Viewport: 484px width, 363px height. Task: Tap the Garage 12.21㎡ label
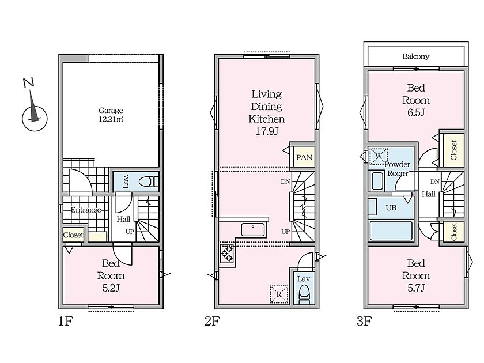click(x=111, y=115)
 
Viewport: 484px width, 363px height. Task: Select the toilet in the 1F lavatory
click(x=149, y=182)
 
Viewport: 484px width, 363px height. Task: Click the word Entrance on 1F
click(x=86, y=210)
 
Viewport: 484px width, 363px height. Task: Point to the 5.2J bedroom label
click(x=111, y=275)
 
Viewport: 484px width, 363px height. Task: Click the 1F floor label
click(x=66, y=322)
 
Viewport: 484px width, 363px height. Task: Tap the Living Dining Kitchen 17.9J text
click(x=267, y=113)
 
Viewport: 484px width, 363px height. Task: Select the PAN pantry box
click(x=304, y=157)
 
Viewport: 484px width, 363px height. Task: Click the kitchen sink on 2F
click(x=253, y=230)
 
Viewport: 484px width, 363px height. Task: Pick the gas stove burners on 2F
click(x=227, y=253)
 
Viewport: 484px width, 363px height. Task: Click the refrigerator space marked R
click(x=279, y=294)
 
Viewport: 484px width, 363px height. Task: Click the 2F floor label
click(x=212, y=322)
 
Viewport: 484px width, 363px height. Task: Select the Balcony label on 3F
click(x=416, y=56)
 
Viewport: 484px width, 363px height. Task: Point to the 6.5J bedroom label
click(x=416, y=100)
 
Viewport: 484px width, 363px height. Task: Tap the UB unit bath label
click(x=391, y=208)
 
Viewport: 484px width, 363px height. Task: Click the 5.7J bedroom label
click(x=416, y=275)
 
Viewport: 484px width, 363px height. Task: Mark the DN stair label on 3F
click(x=434, y=182)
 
